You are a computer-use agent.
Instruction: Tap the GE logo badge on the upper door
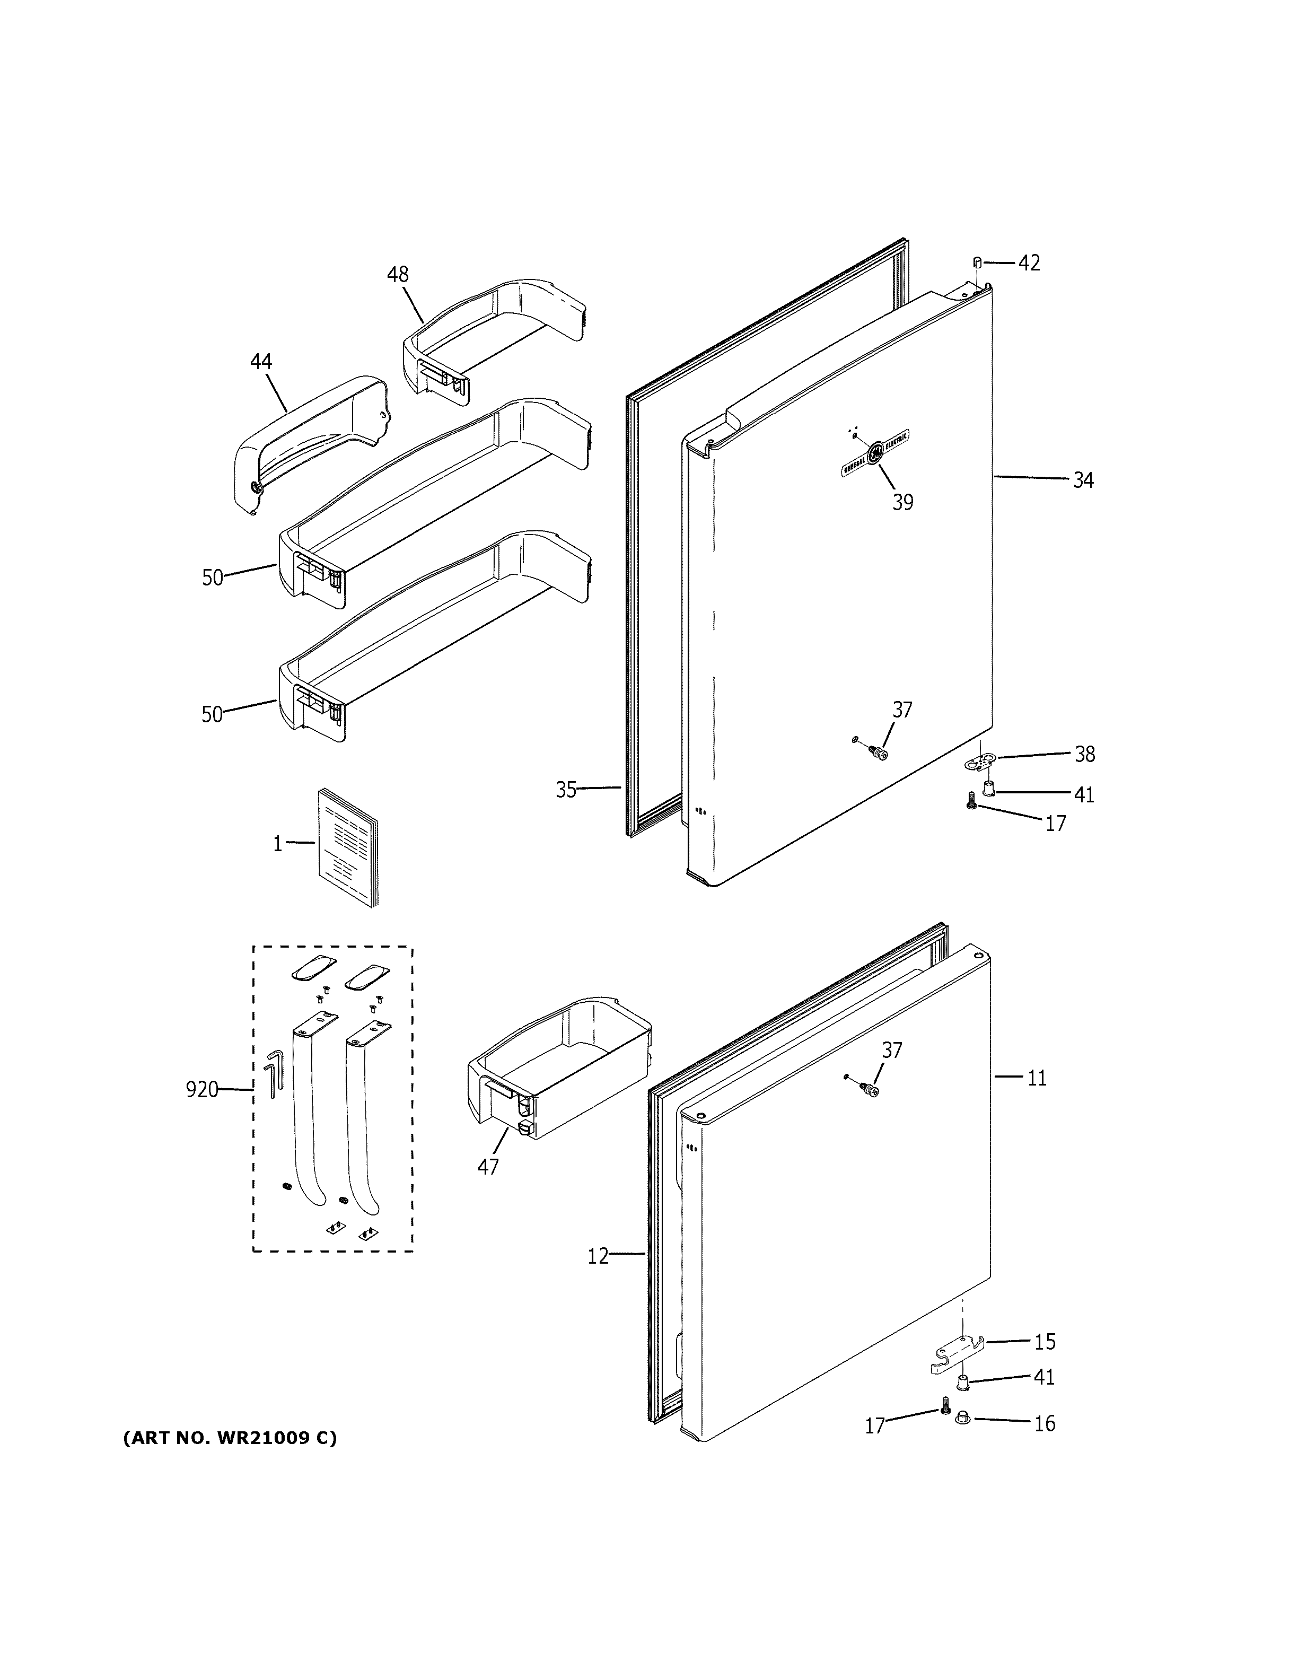[x=876, y=454]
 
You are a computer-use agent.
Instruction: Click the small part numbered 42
[x=977, y=263]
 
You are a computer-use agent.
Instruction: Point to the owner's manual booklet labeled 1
[x=348, y=847]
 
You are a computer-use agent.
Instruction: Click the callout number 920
[x=201, y=1089]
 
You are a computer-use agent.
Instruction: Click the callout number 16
[x=1043, y=1424]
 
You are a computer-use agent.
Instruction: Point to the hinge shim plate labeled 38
[x=979, y=762]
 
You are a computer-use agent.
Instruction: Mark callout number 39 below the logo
[x=903, y=502]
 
